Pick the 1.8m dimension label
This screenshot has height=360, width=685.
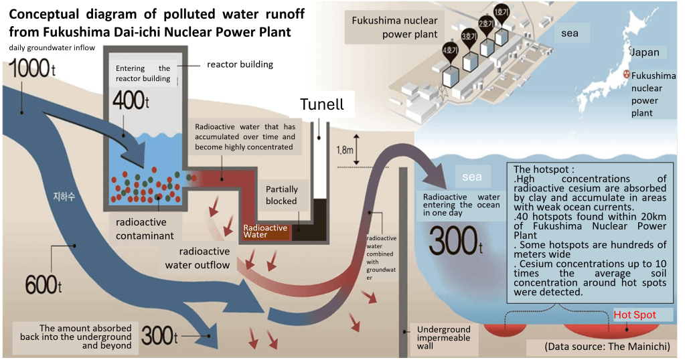(342, 150)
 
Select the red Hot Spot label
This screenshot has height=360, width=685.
(635, 314)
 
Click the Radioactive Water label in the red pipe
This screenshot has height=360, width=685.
(265, 232)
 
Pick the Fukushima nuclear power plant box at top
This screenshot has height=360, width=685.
(394, 27)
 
